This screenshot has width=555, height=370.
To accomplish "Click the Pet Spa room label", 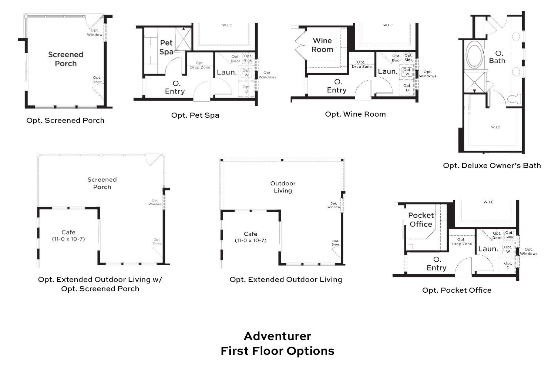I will pyautogui.click(x=166, y=47).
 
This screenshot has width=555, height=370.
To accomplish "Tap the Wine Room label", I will pyautogui.click(x=322, y=45).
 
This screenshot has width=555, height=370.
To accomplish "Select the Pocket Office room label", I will pyautogui.click(x=421, y=219).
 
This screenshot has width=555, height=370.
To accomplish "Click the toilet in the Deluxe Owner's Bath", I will pyautogui.click(x=514, y=99).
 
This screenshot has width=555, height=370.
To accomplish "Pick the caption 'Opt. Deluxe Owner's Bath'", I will pyautogui.click(x=492, y=165).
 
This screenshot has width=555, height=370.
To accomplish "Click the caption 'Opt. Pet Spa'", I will pyautogui.click(x=195, y=115).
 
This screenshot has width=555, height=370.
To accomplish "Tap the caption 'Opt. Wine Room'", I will pyautogui.click(x=355, y=114).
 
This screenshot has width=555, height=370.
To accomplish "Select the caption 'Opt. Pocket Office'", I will pyautogui.click(x=457, y=290).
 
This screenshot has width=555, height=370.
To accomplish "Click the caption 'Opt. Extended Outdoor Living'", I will pyautogui.click(x=286, y=279).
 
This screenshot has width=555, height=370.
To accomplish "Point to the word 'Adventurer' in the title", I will pyautogui.click(x=277, y=336).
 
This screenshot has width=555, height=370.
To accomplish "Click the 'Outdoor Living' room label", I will pyautogui.click(x=283, y=187).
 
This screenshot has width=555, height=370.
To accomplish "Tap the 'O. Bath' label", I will pyautogui.click(x=497, y=57).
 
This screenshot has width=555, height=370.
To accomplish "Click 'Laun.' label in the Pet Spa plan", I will pyautogui.click(x=226, y=72).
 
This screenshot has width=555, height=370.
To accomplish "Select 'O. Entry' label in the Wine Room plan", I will pyautogui.click(x=337, y=85).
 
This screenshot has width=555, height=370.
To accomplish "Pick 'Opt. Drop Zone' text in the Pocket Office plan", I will pyautogui.click(x=461, y=242).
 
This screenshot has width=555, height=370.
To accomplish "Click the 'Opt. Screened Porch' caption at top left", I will pyautogui.click(x=65, y=120).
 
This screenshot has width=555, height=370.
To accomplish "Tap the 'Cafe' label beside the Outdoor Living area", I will pyautogui.click(x=250, y=234).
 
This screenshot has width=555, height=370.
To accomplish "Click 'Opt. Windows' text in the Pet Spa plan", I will pyautogui.click(x=267, y=75).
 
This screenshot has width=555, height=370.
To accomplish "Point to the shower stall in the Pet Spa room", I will pyautogui.click(x=183, y=38).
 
